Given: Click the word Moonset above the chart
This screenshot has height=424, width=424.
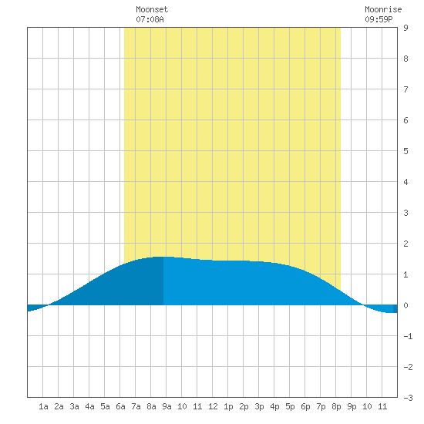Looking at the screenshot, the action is (152, 9).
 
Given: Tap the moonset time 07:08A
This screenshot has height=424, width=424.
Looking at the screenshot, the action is (150, 19).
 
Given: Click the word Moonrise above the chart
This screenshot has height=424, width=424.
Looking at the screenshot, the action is (383, 9).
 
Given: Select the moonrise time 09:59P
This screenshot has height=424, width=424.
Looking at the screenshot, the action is (379, 19).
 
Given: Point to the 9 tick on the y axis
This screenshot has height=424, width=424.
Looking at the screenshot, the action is (405, 28).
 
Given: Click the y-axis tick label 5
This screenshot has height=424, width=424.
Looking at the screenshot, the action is (405, 151).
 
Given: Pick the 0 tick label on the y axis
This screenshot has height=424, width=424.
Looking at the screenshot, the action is (405, 305).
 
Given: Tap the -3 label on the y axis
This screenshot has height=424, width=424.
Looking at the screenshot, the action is (408, 398).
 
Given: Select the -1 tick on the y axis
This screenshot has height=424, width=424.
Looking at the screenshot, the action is (408, 336).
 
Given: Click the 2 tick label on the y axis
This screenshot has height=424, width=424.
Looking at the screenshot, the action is (405, 244).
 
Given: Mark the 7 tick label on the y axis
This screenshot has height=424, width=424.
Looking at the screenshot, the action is (405, 89).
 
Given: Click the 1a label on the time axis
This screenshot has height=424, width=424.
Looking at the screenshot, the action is (43, 406).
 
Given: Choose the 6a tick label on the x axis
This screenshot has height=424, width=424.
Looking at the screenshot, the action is (120, 406).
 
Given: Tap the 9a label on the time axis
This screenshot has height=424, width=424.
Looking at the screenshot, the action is (167, 406).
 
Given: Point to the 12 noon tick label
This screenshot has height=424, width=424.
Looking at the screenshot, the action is (213, 406).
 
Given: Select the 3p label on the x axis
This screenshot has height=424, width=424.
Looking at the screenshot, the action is (259, 406).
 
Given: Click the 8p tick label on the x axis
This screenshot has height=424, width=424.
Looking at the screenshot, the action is (336, 406).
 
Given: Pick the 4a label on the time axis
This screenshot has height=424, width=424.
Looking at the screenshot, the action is (89, 406).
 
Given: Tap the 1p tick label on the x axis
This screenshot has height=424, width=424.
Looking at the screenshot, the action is (228, 406).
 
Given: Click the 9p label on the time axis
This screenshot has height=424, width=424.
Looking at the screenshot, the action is (352, 406).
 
